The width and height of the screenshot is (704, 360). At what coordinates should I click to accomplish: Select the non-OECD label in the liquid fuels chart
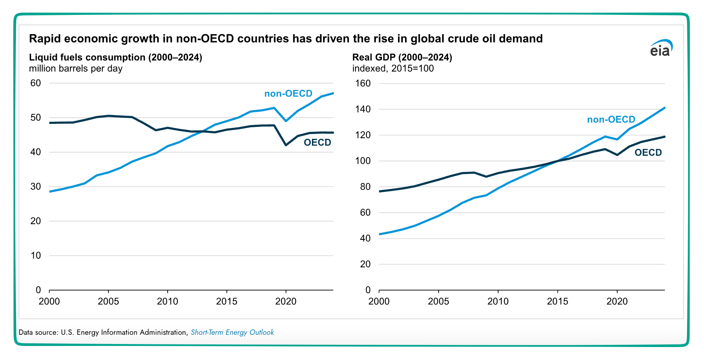pyautogui.click(x=288, y=94)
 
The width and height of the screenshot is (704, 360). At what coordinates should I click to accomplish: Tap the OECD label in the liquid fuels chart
pyautogui.click(x=317, y=143)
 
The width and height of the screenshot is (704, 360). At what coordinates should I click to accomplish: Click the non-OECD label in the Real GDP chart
pyautogui.click(x=611, y=120)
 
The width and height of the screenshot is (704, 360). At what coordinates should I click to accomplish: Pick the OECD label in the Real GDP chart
pyautogui.click(x=648, y=153)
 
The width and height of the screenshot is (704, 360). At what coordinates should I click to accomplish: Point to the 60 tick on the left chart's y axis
pyautogui.click(x=36, y=83)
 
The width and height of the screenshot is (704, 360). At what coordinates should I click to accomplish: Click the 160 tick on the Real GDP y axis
pyautogui.click(x=363, y=84)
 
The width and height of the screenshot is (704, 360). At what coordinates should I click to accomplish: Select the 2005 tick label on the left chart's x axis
pyautogui.click(x=108, y=301)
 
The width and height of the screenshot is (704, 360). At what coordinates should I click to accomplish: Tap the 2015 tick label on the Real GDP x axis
pyautogui.click(x=557, y=301)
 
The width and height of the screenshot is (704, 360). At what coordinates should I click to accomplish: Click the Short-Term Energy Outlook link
pyautogui.click(x=232, y=332)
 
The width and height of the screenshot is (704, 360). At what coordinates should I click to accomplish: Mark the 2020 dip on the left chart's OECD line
pyautogui.click(x=286, y=145)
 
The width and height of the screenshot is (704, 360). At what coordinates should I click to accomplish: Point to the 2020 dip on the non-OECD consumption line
pyautogui.click(x=286, y=121)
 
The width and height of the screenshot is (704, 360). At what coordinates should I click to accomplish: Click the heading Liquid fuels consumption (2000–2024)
pyautogui.click(x=115, y=58)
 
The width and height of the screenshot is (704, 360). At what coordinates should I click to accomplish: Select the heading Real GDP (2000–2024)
pyautogui.click(x=402, y=58)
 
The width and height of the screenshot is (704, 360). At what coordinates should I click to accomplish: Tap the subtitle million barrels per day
pyautogui.click(x=76, y=69)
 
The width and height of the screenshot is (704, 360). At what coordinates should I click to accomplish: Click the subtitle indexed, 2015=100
pyautogui.click(x=393, y=69)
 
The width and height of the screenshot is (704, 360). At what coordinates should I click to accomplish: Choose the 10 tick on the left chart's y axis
pyautogui.click(x=36, y=255)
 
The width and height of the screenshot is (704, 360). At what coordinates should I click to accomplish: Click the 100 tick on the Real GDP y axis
pyautogui.click(x=363, y=161)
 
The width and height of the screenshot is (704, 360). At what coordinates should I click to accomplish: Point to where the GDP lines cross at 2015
pyautogui.click(x=557, y=161)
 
